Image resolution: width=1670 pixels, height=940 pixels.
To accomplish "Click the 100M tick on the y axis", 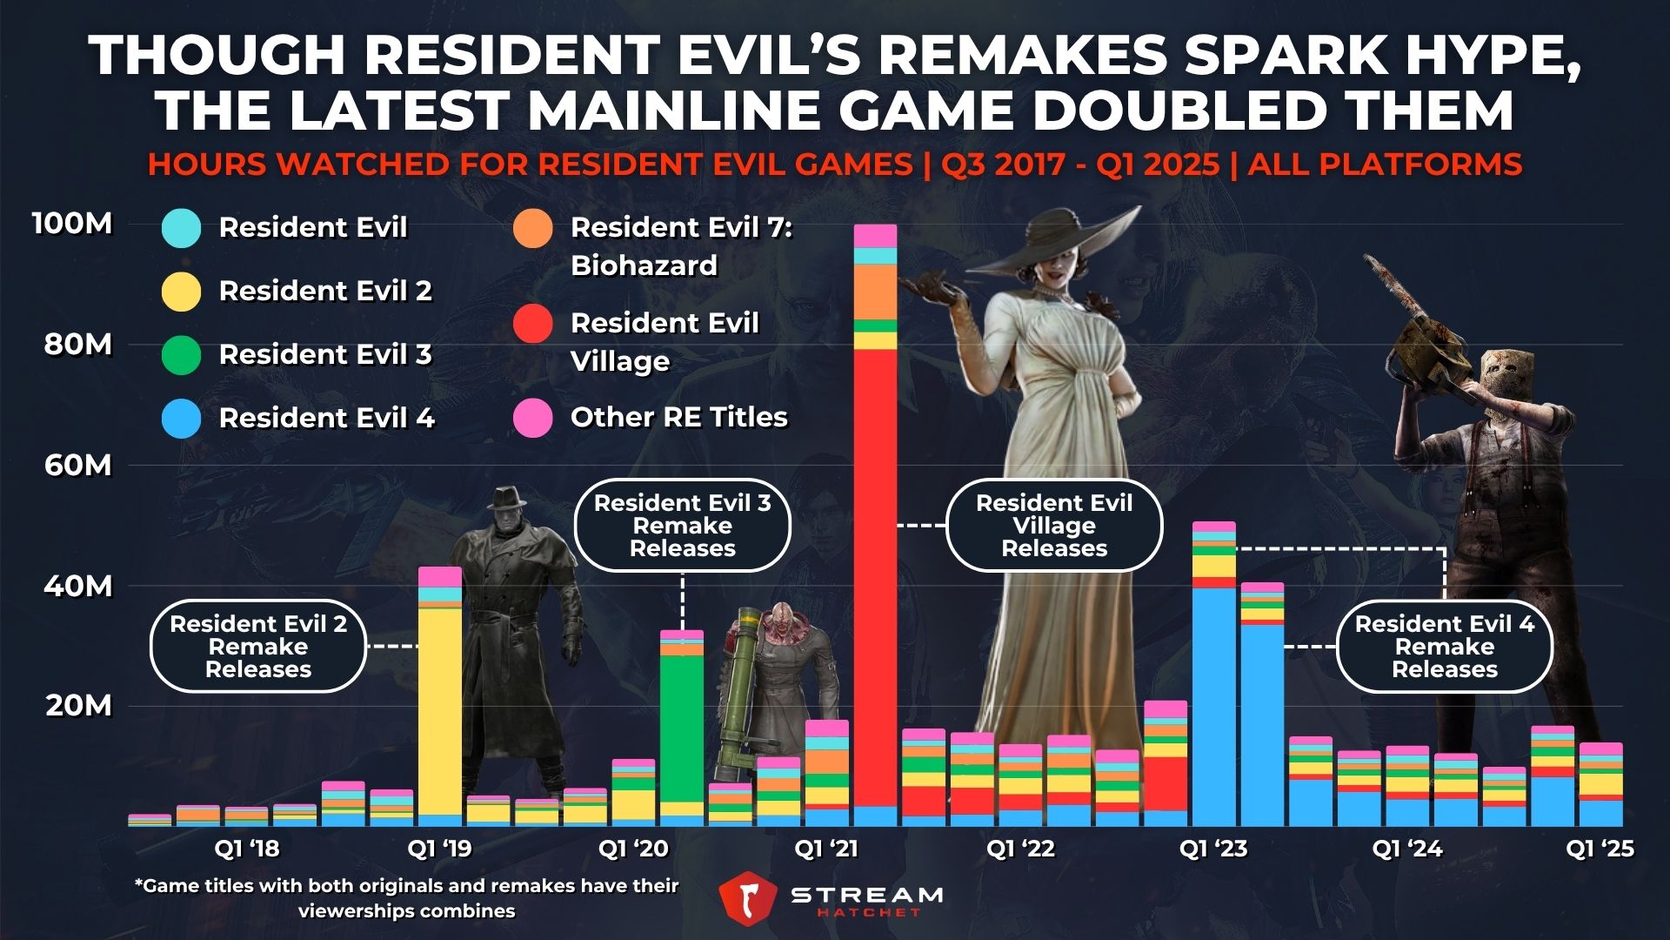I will (73, 224).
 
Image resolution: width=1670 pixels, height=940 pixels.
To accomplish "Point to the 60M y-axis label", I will (78, 465).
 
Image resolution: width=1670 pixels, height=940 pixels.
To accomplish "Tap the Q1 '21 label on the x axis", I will (826, 848).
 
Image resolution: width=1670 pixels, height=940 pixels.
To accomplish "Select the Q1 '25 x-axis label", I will (1600, 848).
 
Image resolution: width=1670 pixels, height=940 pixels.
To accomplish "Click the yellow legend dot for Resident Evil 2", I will (182, 292).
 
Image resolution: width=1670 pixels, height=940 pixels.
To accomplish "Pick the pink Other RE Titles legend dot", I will (533, 418).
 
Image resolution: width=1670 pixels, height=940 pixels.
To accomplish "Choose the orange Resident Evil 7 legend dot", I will (533, 229).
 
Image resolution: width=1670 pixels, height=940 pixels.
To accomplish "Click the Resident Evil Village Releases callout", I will (1053, 525).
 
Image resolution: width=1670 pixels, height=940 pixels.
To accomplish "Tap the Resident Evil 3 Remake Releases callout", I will (682, 525).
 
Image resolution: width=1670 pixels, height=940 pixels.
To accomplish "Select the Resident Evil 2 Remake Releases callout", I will (257, 646).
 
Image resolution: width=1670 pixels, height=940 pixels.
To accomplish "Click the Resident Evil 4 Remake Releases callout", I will (1444, 646).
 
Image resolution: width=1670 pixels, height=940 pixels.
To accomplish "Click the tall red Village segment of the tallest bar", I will (875, 574).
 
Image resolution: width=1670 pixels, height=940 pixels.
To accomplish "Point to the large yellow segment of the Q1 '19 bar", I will (440, 709).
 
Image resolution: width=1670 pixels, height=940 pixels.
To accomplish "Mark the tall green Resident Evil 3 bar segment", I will (682, 727).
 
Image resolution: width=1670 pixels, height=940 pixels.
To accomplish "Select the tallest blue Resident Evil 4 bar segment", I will (1214, 705).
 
